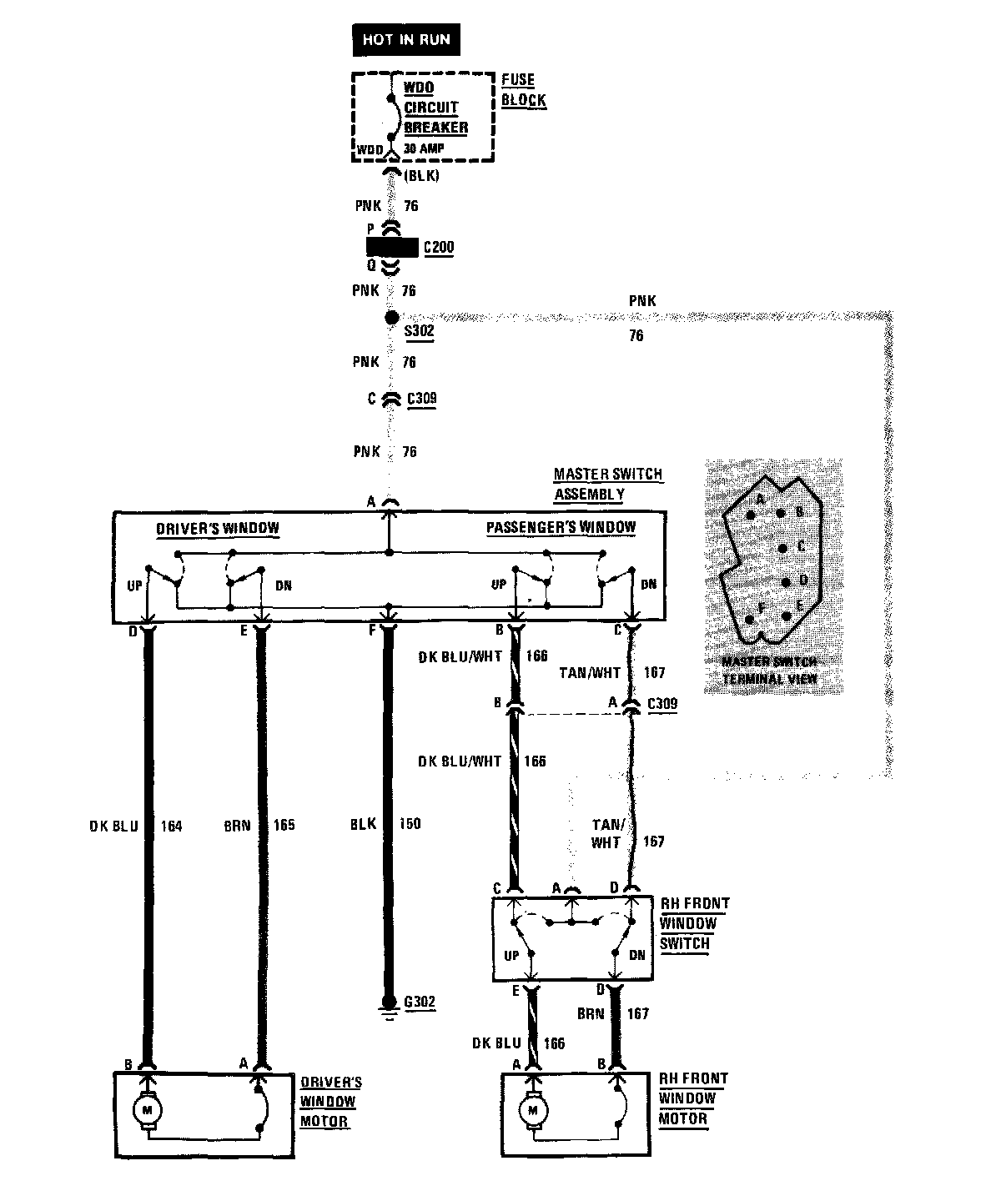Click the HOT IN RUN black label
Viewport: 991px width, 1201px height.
tap(406, 39)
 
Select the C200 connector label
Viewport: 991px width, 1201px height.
tap(439, 248)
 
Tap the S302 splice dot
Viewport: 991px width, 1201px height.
tap(390, 317)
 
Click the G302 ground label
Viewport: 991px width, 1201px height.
tap(419, 1002)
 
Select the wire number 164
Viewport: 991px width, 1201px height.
tap(170, 826)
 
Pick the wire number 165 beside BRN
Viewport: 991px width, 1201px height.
tap(284, 826)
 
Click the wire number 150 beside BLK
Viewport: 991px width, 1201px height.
tap(410, 824)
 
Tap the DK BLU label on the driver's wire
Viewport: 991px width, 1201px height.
tap(113, 826)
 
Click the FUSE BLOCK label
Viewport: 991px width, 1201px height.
tap(523, 90)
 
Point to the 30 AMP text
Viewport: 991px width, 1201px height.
tap(424, 148)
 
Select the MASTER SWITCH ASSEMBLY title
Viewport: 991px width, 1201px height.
tap(607, 484)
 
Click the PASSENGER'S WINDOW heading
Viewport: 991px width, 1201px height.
tap(561, 527)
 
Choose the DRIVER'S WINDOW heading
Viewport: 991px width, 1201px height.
tap(218, 529)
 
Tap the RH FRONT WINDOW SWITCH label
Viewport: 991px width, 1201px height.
tap(693, 923)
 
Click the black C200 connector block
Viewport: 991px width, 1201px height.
tap(391, 248)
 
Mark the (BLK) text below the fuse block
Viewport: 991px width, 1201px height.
tap(420, 176)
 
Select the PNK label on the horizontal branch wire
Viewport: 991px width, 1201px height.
tap(642, 300)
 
